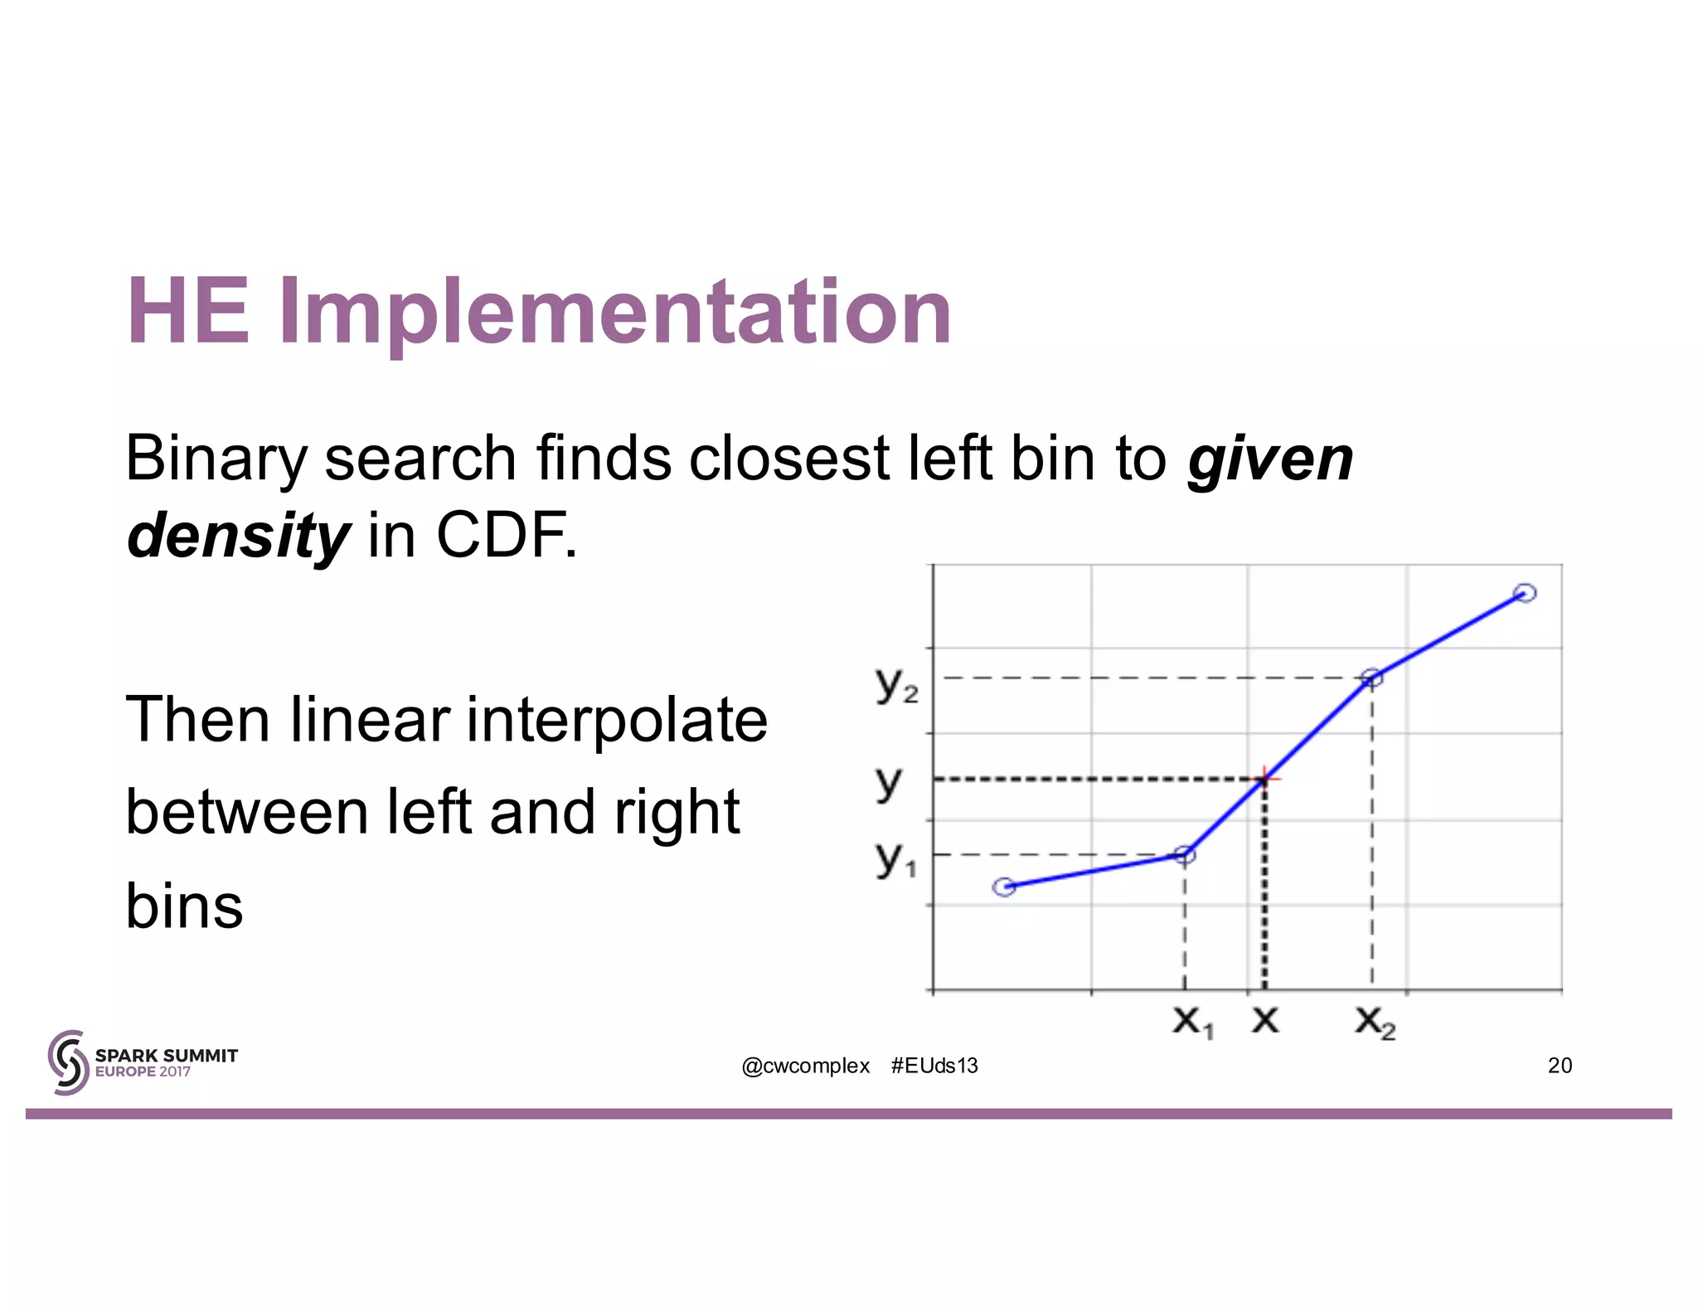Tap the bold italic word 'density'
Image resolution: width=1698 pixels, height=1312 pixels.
click(x=238, y=536)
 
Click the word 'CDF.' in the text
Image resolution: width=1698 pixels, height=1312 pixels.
click(x=507, y=536)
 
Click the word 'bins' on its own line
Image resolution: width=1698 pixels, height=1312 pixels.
click(x=184, y=906)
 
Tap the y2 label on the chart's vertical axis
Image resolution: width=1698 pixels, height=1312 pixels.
click(x=895, y=685)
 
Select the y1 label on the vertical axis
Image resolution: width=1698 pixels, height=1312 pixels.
click(x=895, y=858)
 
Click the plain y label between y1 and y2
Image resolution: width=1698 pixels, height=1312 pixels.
click(x=888, y=781)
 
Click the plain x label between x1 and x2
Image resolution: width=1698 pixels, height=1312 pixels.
click(x=1265, y=1019)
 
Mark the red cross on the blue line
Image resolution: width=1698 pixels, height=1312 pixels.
click(x=1264, y=778)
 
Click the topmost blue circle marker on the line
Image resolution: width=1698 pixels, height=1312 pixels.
click(x=1525, y=592)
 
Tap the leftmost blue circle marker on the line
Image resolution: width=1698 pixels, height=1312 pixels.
click(x=1004, y=887)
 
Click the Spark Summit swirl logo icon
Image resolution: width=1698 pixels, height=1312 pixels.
click(x=68, y=1062)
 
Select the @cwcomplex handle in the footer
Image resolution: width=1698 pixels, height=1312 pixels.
click(x=805, y=1066)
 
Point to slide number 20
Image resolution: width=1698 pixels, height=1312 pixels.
click(x=1560, y=1066)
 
